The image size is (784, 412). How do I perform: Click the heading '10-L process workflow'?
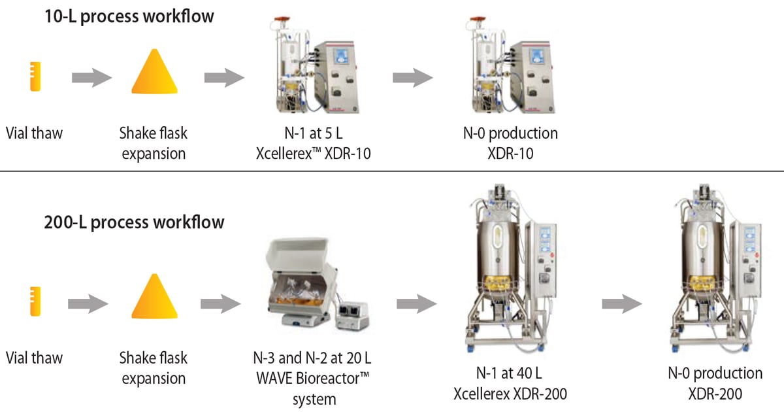(129, 16)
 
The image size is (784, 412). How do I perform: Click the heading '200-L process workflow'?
(134, 222)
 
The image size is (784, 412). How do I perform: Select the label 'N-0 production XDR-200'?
(715, 383)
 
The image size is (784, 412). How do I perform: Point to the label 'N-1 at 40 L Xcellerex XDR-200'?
(510, 383)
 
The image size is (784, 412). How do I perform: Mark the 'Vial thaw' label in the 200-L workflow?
(35, 358)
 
